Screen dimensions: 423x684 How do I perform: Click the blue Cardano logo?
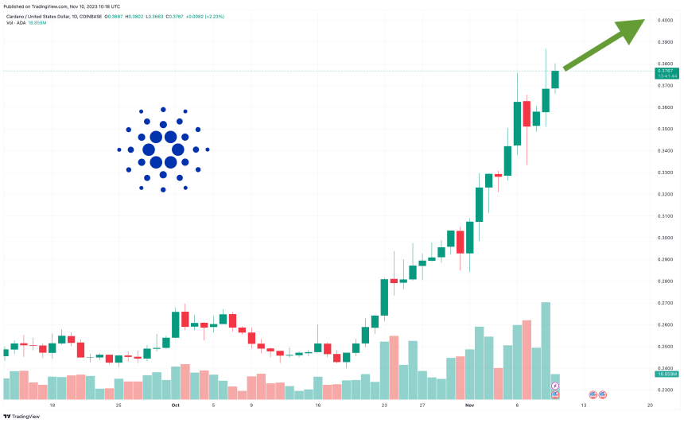pos(162,149)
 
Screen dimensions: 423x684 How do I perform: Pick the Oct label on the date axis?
pos(175,405)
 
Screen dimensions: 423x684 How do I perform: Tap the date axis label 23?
pos(383,405)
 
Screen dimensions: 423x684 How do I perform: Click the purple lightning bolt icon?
pos(555,386)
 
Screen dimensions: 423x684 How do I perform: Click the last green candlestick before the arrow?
pos(555,80)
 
